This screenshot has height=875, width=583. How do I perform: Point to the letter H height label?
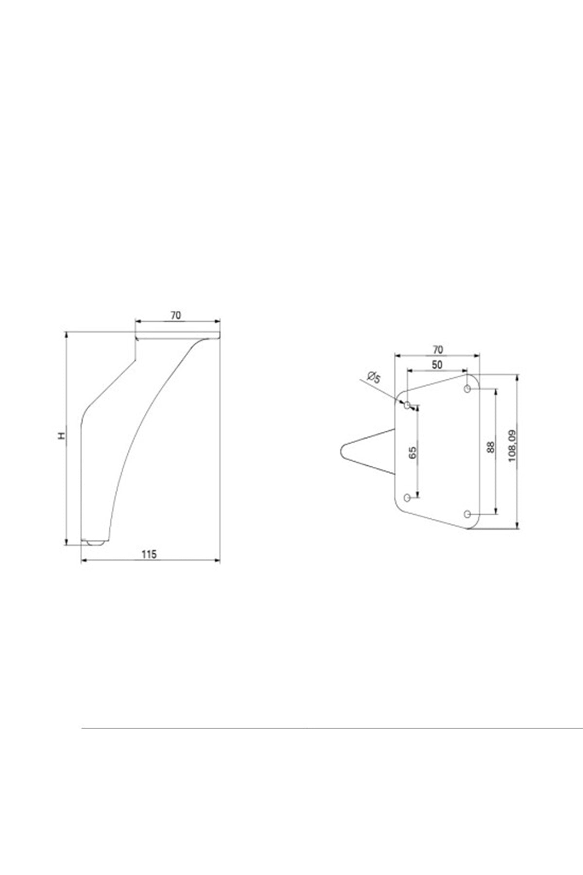coord(61,436)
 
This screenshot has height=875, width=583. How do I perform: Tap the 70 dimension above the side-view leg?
coord(175,315)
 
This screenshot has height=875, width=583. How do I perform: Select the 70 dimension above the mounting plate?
coord(438,349)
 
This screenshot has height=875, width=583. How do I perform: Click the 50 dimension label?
coord(437,366)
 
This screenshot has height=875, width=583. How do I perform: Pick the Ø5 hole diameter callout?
coord(374,377)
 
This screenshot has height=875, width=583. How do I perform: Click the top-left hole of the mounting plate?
coord(407,404)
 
